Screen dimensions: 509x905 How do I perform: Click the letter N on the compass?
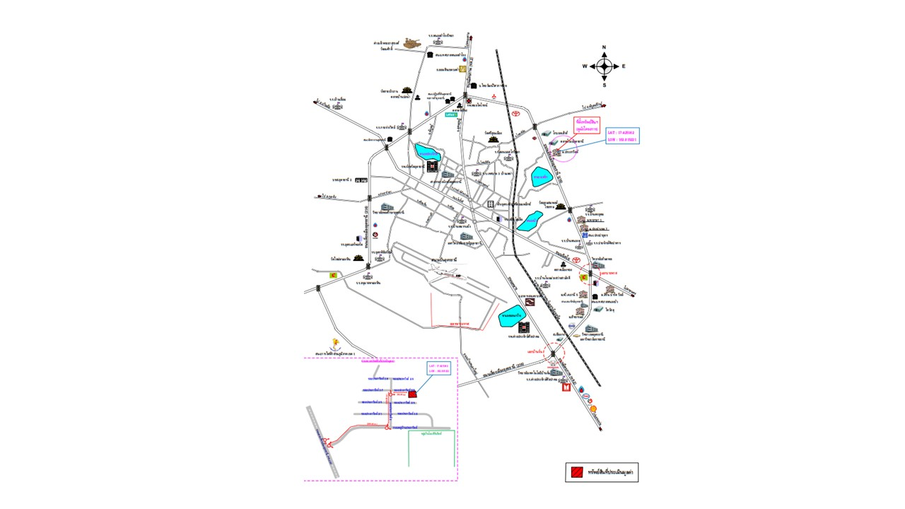604,47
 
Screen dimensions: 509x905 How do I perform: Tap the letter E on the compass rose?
624,66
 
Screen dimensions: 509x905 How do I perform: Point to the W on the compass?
585,66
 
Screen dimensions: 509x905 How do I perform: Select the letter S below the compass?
604,85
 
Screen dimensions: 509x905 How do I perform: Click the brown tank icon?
411,43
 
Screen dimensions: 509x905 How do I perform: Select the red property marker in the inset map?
411,394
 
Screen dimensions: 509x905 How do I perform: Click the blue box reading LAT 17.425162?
622,136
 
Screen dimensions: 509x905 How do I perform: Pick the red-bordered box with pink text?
587,125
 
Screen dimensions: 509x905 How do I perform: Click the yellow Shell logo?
592,408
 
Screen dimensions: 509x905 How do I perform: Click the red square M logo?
565,387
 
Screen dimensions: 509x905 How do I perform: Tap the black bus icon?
361,180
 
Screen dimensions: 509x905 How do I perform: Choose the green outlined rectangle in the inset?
431,448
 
